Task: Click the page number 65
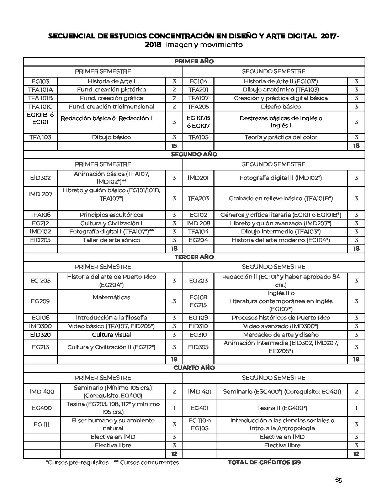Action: (338, 480)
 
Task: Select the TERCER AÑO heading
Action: (194, 257)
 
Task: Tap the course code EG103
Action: (40, 81)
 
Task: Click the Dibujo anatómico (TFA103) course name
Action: (281, 90)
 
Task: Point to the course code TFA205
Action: (198, 106)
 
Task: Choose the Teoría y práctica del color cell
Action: (281, 137)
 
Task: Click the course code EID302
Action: (40, 178)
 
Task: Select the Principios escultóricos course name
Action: (111, 215)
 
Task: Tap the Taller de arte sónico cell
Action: (111, 240)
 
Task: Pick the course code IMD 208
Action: (198, 223)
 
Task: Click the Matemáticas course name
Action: (111, 297)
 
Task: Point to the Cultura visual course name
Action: (111, 334)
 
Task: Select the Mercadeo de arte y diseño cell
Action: (281, 334)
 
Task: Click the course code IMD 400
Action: (42, 391)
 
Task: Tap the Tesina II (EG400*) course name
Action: (282, 408)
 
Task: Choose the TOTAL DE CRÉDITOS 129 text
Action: (264, 462)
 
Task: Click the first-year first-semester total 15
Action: (174, 146)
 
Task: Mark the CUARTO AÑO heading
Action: (194, 368)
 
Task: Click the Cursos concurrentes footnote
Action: (147, 462)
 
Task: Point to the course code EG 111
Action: (42, 424)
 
